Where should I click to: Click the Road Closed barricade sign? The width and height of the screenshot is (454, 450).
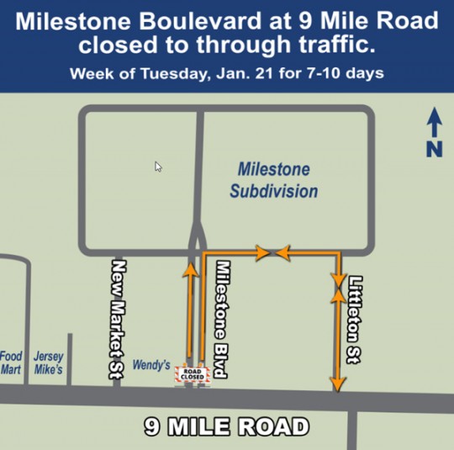[x=190, y=375]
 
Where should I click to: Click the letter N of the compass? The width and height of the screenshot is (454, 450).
[x=435, y=150]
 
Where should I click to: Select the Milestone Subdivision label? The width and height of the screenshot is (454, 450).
[x=274, y=180]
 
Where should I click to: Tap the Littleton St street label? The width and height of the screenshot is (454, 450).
[x=356, y=320]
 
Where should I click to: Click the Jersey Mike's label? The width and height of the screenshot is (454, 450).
[x=49, y=363]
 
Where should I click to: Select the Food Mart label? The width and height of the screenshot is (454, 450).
[x=12, y=363]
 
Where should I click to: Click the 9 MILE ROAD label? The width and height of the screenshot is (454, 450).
[x=225, y=426]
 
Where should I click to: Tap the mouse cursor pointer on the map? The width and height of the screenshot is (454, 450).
[x=158, y=167]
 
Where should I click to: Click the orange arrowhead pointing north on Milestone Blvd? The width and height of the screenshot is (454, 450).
[x=191, y=270]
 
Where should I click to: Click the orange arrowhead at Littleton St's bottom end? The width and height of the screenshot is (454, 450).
[x=338, y=384]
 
